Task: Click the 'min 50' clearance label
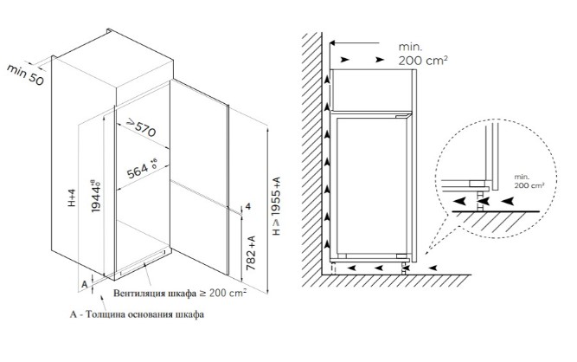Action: [25, 74]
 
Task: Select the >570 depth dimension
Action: [141, 127]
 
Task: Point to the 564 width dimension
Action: [142, 168]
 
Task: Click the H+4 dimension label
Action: [72, 197]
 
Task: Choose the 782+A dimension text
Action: [251, 253]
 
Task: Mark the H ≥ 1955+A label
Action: [276, 206]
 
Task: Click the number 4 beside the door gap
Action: [248, 207]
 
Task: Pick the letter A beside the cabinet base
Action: [85, 284]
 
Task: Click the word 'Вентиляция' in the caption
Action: [139, 294]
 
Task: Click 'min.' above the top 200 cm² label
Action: [410, 47]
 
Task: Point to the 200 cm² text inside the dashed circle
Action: [529, 185]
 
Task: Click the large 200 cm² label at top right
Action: [423, 61]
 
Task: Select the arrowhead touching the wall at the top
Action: [333, 43]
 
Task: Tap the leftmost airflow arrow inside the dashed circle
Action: [459, 201]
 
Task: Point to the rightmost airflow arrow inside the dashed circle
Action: [508, 201]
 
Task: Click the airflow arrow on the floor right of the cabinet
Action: [433, 268]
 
